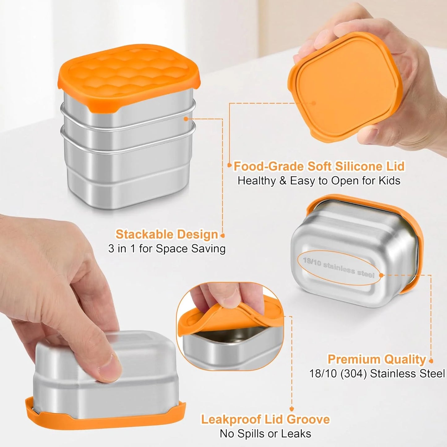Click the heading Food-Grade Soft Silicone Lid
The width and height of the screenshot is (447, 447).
click(x=319, y=166)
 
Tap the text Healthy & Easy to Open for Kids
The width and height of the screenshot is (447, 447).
click(x=319, y=181)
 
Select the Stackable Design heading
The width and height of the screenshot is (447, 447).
click(x=167, y=234)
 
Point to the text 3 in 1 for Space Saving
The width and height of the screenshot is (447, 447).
click(x=167, y=249)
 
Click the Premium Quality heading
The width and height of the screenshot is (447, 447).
click(x=377, y=359)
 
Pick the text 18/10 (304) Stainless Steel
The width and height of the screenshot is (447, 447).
click(x=377, y=374)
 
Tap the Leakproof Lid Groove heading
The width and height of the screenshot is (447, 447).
click(x=265, y=419)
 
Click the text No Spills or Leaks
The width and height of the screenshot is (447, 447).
click(x=265, y=434)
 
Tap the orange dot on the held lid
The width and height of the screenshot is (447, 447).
click(x=314, y=103)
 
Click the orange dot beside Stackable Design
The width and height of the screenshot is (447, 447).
click(x=222, y=236)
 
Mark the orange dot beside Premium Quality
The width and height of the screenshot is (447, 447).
click(x=431, y=361)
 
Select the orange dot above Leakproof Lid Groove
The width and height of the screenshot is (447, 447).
click(x=291, y=409)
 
